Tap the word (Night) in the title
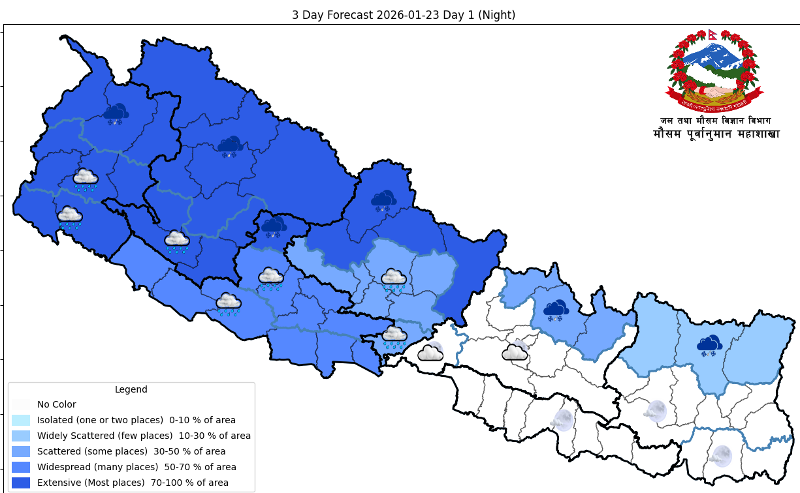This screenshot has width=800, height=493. (x=496, y=15)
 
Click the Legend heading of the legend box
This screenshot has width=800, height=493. (x=131, y=389)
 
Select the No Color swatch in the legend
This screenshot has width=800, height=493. (x=21, y=404)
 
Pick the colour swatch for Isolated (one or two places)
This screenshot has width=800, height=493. (x=21, y=420)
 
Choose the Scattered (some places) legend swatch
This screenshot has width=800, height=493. (x=21, y=451)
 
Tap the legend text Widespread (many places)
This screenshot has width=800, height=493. (x=97, y=467)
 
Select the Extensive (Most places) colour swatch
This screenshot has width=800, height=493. (x=21, y=483)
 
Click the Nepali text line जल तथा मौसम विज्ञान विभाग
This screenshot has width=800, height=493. (x=715, y=121)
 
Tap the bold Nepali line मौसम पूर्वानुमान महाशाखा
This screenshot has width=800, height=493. (x=716, y=134)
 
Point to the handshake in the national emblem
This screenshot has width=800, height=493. (x=714, y=92)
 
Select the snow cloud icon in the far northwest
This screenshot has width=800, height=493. (x=116, y=113)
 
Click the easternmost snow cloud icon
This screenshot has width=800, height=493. (x=709, y=345)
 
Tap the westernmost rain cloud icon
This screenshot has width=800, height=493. (x=70, y=217)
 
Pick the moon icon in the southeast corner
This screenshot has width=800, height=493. (x=722, y=455)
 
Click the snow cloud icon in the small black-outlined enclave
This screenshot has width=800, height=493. (x=274, y=227)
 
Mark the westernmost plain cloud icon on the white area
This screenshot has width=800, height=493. (x=430, y=353)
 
